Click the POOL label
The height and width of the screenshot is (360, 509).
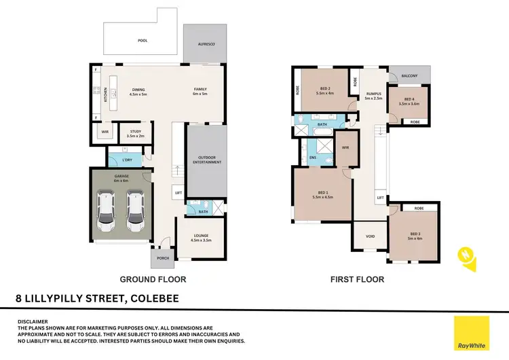pos(143,41)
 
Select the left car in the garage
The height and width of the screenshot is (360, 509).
pos(107,211)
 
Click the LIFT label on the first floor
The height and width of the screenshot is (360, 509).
pos(381,198)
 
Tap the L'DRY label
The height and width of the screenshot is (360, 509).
pos(127,160)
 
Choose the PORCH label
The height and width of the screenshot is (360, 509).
pos(163,258)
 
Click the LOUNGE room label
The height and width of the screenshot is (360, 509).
pos(198,237)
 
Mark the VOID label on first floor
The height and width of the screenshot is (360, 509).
pos(370,237)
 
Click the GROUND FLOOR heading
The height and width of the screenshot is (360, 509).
pos(153,279)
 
